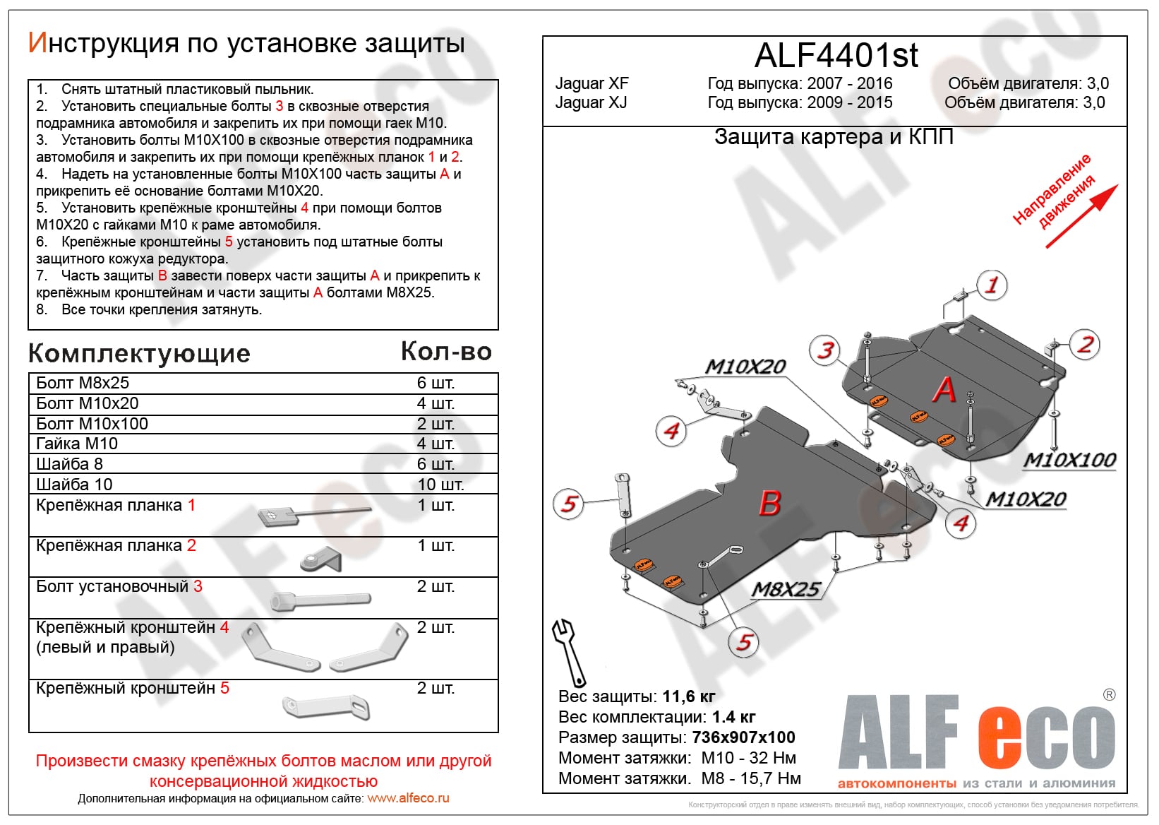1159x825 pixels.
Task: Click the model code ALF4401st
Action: (x=836, y=55)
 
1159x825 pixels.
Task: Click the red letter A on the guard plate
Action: (x=944, y=390)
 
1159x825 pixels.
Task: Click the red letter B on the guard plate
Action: (x=769, y=504)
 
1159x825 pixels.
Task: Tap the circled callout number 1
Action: (x=992, y=285)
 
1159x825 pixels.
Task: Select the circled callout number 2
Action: (x=1085, y=345)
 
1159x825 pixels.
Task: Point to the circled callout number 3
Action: (x=825, y=350)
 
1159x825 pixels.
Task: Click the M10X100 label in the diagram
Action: (x=1069, y=461)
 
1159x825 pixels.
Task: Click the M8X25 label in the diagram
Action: (x=786, y=589)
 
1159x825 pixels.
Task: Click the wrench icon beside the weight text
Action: (x=569, y=651)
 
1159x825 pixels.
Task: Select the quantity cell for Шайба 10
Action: (x=440, y=485)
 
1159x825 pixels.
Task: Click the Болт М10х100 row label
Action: (x=92, y=424)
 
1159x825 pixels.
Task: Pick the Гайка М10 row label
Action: (x=77, y=444)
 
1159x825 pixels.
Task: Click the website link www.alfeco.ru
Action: (x=408, y=798)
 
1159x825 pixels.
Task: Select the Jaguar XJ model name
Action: (x=591, y=102)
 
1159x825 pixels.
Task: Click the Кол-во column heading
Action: (x=446, y=352)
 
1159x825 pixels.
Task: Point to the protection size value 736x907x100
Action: (x=743, y=737)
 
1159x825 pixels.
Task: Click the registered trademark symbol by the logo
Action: (x=1109, y=695)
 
